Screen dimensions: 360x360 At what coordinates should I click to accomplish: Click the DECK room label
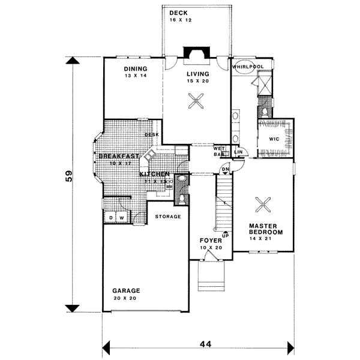click(178, 13)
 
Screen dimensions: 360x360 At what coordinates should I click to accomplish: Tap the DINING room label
click(136, 68)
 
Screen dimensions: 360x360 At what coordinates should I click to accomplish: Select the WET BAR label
click(219, 151)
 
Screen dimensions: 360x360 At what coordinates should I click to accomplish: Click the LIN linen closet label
click(238, 152)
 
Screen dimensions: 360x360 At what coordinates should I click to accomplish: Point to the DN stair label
click(225, 170)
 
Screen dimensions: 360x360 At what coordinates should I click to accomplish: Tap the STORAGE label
click(168, 216)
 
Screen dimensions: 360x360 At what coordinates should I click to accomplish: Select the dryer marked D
click(112, 217)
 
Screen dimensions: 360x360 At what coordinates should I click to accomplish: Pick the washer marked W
click(121, 217)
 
